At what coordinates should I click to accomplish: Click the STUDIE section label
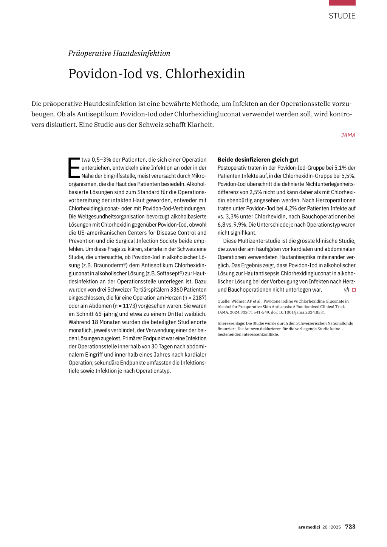click(342, 16)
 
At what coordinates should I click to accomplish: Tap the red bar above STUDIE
click(342, 3)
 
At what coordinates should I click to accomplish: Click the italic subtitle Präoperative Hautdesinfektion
click(119, 53)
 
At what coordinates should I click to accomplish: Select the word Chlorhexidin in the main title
click(205, 74)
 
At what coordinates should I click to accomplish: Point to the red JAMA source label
click(348, 135)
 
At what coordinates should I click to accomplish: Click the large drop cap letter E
click(74, 168)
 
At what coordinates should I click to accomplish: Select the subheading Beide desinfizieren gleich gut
click(258, 159)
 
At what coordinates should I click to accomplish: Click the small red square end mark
click(354, 290)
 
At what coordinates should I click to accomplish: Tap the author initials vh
click(347, 290)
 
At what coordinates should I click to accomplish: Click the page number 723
click(350, 527)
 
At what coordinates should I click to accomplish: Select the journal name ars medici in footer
click(309, 527)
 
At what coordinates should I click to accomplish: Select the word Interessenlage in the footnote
click(231, 323)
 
